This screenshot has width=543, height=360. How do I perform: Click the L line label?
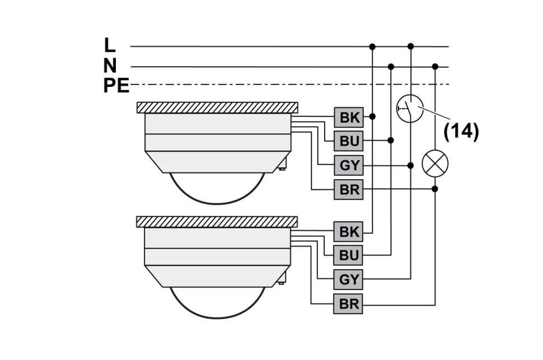tap(110, 45)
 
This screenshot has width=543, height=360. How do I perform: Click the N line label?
tap(110, 66)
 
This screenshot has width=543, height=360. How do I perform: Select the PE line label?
tap(116, 85)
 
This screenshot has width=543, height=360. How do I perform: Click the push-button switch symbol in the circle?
tap(410, 108)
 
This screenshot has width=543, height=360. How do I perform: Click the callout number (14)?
tap(461, 132)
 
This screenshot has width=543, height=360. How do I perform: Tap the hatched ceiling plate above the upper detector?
tap(217, 107)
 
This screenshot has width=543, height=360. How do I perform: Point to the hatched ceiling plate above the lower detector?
tap(217, 221)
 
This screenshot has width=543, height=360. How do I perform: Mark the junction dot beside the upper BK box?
tap(372, 116)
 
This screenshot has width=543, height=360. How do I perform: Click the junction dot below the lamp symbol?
tap(435, 189)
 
